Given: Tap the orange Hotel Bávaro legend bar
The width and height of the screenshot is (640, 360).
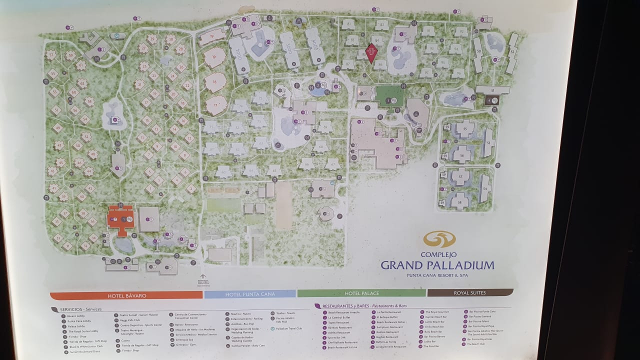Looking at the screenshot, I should pos(126,295).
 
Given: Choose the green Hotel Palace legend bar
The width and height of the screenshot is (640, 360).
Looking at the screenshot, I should pos(361,293).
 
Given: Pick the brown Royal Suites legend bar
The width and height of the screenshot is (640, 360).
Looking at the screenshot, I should pos(470,292).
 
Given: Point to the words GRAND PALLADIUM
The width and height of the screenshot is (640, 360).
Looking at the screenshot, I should pos(437,265).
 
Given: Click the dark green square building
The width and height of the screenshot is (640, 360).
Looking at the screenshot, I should pos(389,95).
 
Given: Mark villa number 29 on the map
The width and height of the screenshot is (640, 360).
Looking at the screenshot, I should pos(152,38).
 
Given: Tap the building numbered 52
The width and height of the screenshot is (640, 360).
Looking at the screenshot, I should pos(511,52).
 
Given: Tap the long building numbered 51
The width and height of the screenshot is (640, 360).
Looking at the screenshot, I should pos(493,90).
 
